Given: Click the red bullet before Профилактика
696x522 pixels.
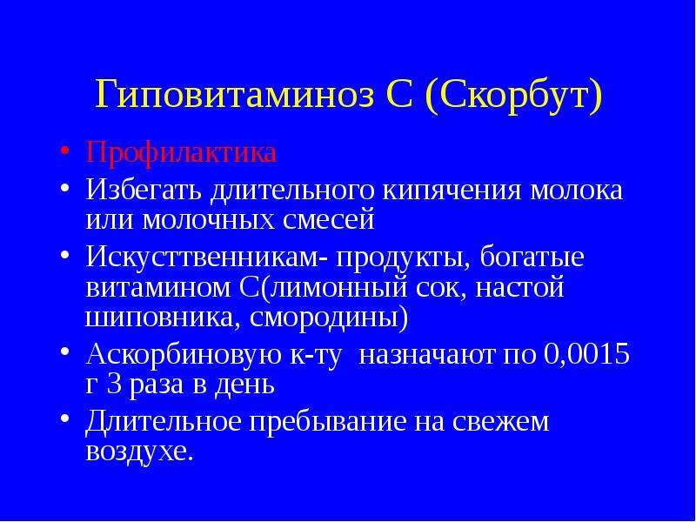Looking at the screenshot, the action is pyautogui.click(x=64, y=150).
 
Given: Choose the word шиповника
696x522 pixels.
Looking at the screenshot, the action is pyautogui.click(x=160, y=318).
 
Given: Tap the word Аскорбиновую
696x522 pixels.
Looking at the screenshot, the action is pyautogui.click(x=184, y=355).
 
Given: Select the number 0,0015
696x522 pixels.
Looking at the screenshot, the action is pyautogui.click(x=586, y=354).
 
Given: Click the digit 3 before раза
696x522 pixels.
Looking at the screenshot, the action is pyautogui.click(x=115, y=385).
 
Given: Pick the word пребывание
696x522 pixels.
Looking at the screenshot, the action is pyautogui.click(x=328, y=422).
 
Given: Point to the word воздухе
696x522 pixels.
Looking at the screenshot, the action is pyautogui.click(x=139, y=451).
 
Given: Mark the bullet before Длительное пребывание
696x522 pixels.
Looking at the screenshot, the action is pyautogui.click(x=64, y=418).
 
